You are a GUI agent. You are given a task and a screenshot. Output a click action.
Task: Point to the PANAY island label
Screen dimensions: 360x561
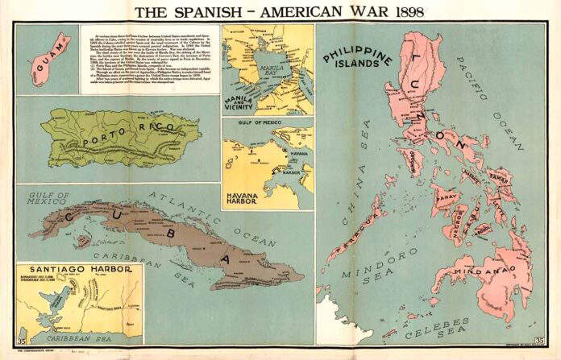click(x=446, y=196)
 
